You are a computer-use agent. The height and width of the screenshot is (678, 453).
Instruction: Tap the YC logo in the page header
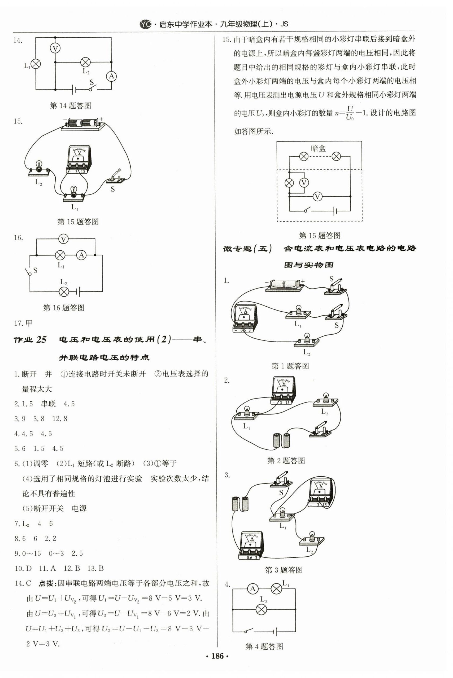[x=145, y=24]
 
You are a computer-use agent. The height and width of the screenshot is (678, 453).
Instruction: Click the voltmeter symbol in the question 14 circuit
[x=55, y=48]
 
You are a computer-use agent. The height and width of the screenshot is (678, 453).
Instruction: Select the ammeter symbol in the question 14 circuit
[x=111, y=76]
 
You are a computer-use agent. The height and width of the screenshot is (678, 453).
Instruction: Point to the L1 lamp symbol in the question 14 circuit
[x=36, y=64]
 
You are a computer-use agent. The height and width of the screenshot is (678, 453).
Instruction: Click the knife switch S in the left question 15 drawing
[x=116, y=177]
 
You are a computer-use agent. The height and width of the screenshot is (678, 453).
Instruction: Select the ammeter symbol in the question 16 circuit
[x=81, y=255]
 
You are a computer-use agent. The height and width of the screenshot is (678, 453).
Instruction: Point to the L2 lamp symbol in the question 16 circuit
[x=64, y=291]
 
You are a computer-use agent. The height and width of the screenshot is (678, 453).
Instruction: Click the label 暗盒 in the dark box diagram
[x=318, y=148]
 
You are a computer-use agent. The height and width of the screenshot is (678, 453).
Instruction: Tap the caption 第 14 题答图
[x=70, y=106]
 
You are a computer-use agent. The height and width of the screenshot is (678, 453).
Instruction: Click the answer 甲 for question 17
[x=29, y=323]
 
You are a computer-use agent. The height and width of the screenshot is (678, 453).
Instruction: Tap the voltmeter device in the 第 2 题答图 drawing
[x=283, y=390]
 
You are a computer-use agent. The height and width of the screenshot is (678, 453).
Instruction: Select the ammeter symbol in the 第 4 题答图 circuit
[x=253, y=589]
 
